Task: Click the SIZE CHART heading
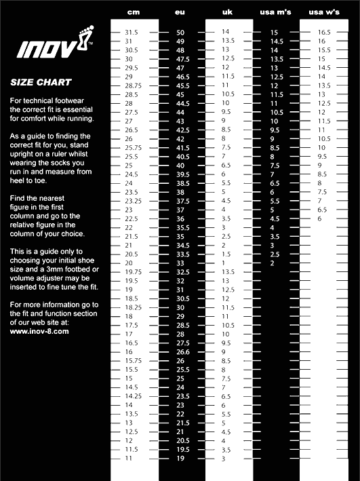click(41, 83)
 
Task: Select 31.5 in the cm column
click(132, 32)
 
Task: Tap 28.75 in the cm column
click(133, 85)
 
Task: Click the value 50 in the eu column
click(180, 32)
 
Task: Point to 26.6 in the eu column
click(183, 352)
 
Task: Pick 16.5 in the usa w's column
click(324, 32)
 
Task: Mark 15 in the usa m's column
click(274, 33)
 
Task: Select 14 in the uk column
click(226, 32)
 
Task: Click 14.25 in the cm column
click(133, 396)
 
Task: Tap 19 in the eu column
click(180, 459)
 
